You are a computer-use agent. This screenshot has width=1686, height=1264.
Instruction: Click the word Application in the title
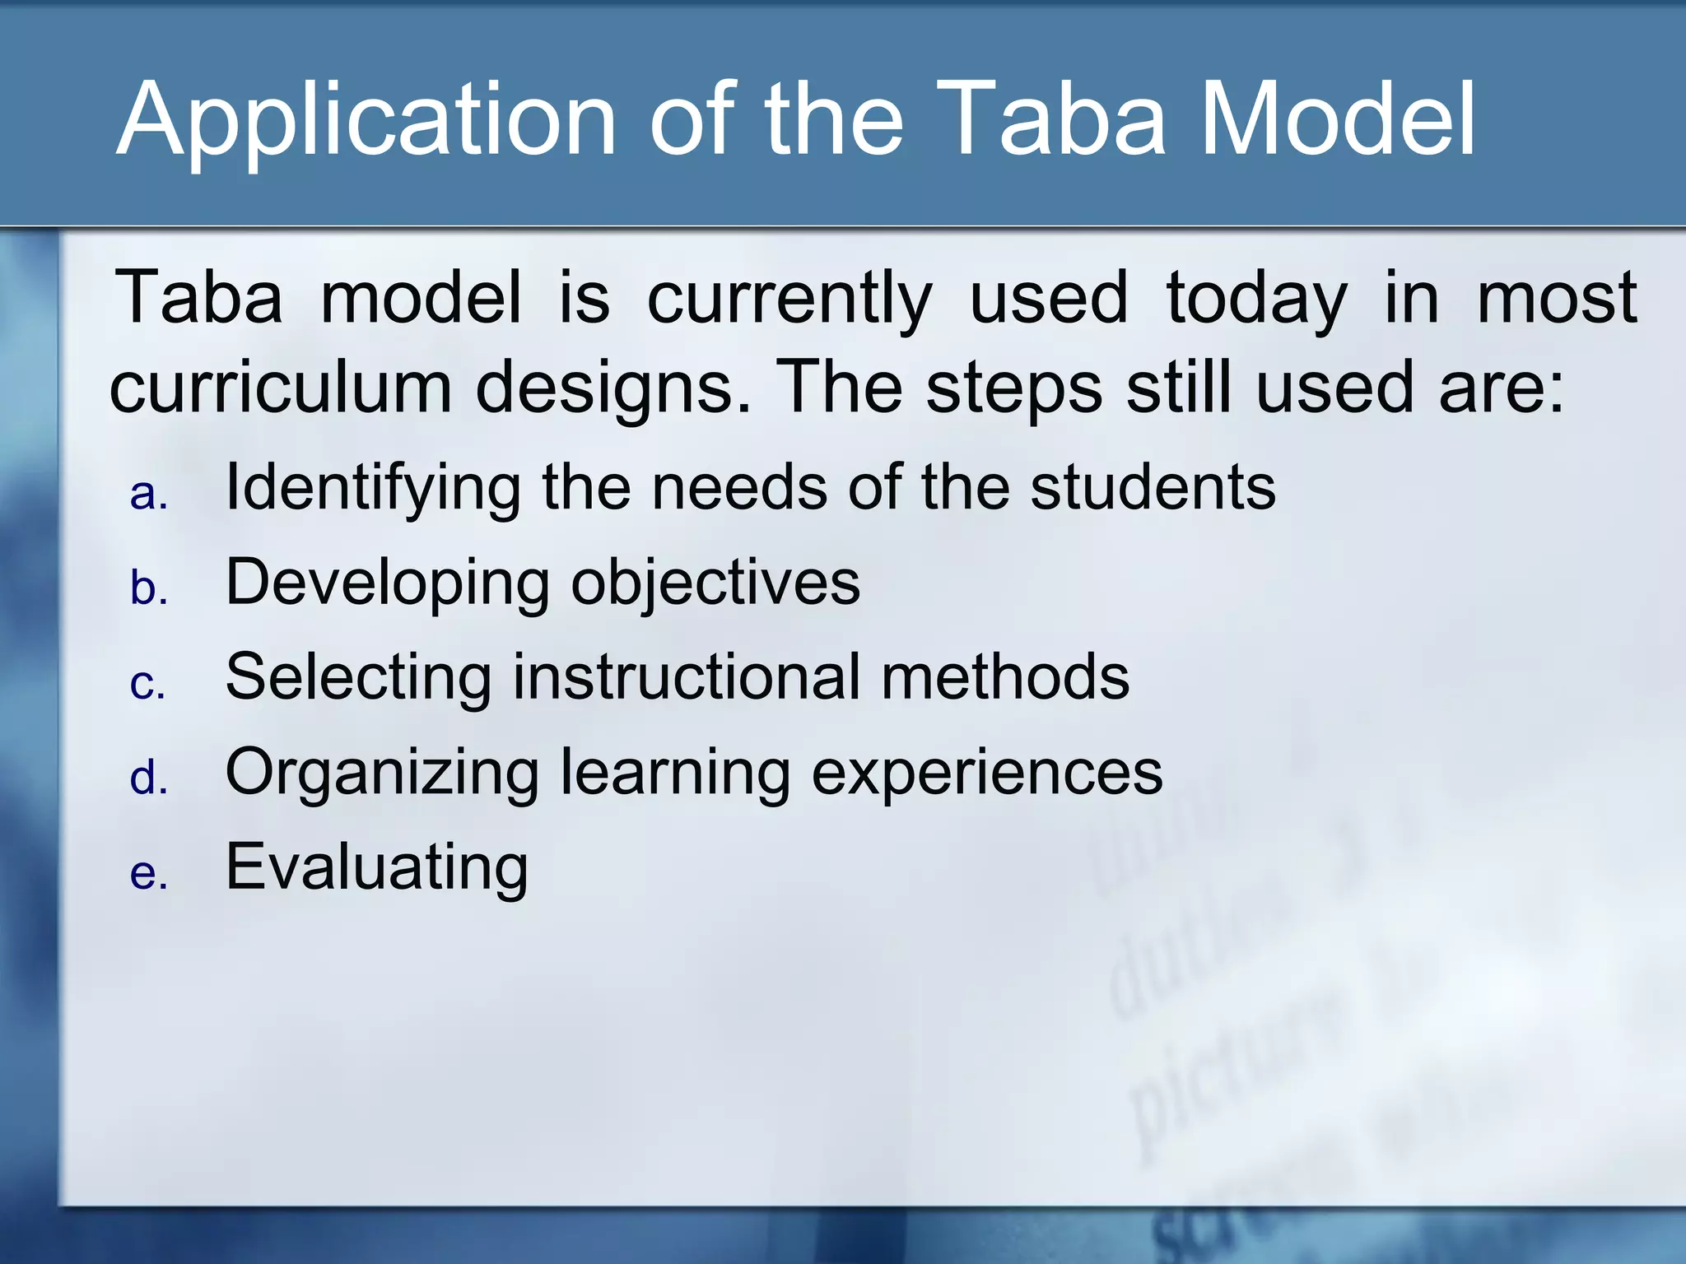coord(366,122)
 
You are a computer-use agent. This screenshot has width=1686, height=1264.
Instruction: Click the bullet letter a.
coord(149,495)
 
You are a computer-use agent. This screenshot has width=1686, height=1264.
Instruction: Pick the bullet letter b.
coord(149,588)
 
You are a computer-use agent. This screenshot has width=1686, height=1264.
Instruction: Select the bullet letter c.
coord(148,684)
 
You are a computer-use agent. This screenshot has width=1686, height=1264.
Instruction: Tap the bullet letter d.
coord(149,777)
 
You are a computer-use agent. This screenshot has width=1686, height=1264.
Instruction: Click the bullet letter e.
coord(149,873)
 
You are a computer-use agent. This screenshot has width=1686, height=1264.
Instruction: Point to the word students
coord(1153,487)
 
